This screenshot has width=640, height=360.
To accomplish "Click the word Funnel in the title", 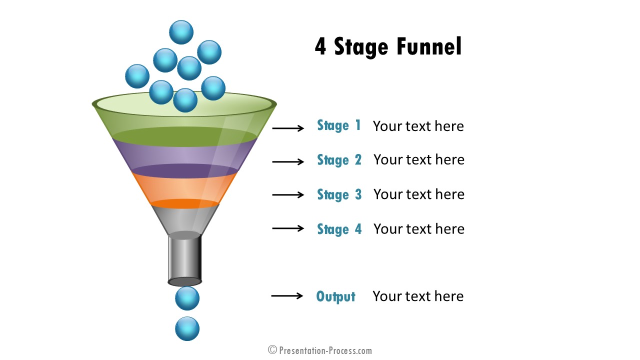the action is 429,46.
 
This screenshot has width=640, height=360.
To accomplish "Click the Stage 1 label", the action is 339,125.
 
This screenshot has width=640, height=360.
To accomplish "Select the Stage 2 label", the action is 339,160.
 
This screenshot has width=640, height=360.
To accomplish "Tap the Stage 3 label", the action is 339,194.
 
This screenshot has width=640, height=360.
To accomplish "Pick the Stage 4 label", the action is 339,229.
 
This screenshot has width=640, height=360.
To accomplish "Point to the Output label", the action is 335,296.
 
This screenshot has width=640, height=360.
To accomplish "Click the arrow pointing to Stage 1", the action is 288,128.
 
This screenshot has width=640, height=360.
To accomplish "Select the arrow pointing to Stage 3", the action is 288,195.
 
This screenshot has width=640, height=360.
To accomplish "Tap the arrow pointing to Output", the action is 287,295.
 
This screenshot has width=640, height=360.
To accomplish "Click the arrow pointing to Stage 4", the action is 288,228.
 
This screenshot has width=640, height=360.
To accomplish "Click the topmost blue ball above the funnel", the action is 181,32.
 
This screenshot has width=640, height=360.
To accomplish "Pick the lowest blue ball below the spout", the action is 187,328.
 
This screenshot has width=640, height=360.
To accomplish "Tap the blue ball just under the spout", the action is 187,298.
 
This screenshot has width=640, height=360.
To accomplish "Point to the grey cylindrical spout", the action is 184,258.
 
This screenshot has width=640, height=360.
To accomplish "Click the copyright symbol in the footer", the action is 272,350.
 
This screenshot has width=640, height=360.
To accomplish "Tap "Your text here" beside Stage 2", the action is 419,159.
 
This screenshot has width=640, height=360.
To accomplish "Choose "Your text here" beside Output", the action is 418,296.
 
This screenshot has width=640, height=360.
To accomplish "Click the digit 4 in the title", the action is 320,46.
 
